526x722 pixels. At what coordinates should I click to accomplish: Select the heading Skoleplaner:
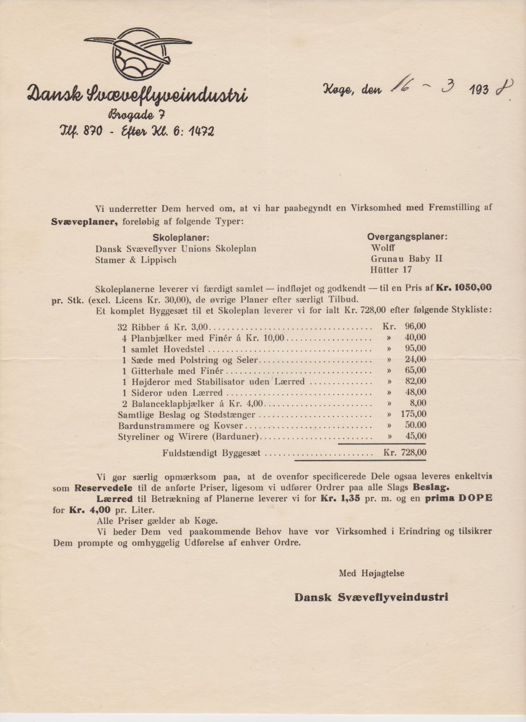181,237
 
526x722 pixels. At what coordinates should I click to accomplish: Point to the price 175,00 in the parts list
413,414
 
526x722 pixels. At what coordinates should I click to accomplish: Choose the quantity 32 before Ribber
122,326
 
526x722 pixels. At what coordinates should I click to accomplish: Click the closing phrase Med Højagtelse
368,572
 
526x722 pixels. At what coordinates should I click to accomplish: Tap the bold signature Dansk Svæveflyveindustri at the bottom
371,597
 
